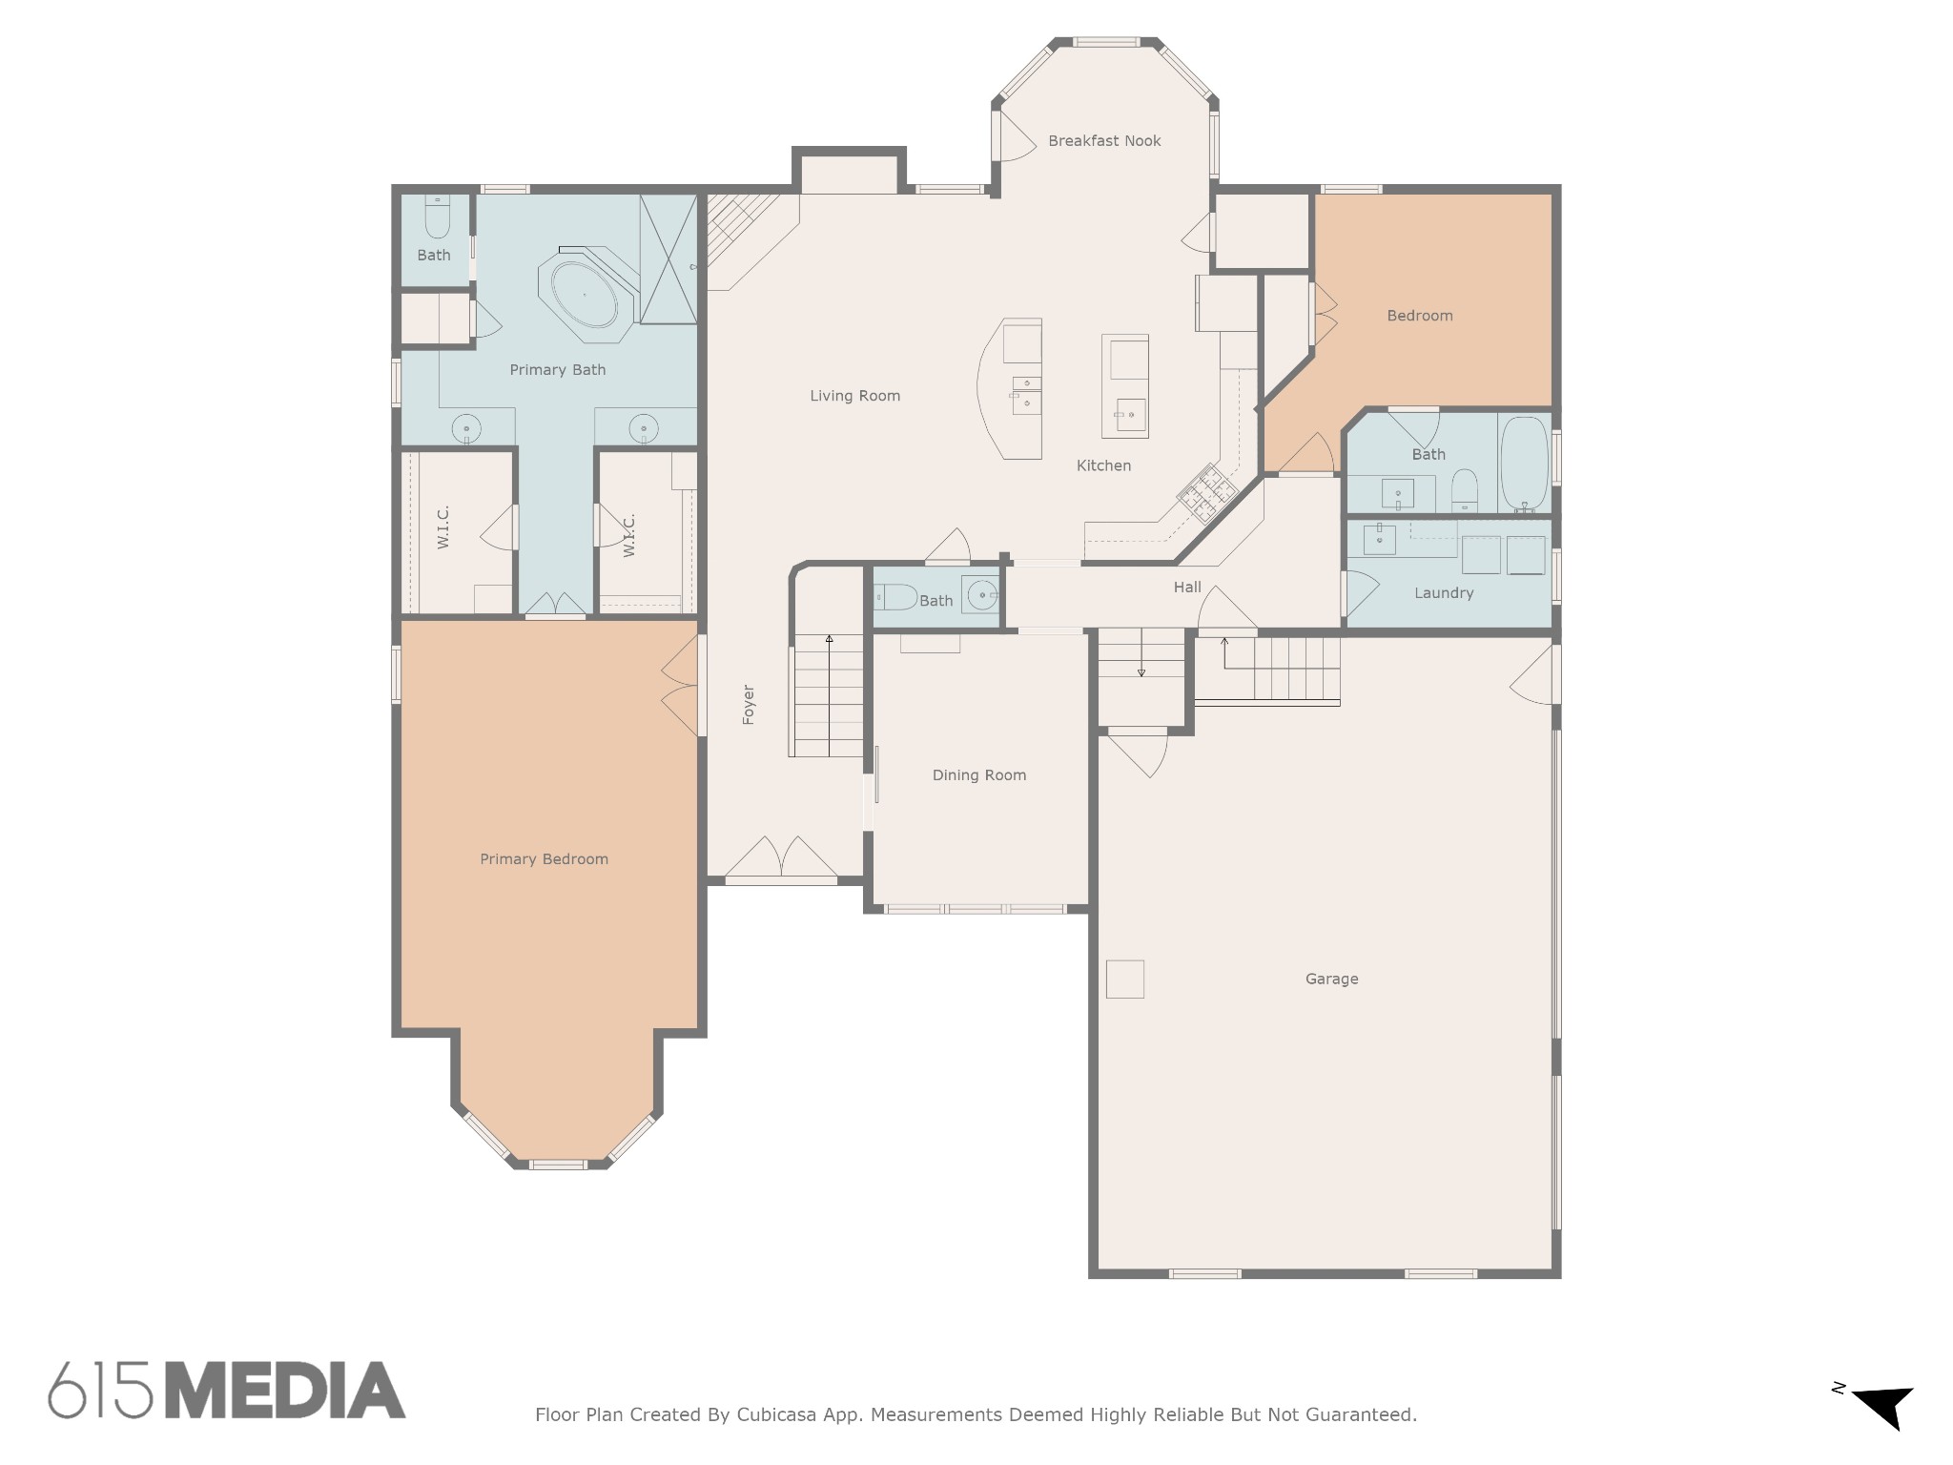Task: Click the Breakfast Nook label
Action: pos(1104,141)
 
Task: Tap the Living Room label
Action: pos(854,396)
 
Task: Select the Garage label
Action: pos(1331,979)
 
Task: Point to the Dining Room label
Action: pos(979,775)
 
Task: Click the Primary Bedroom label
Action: pos(544,859)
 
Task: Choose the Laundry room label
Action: pos(1444,593)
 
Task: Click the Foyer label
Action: pos(749,705)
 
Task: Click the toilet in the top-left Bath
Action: pos(437,217)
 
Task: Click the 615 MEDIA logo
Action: pos(227,1390)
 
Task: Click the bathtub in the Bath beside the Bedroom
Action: pos(1524,464)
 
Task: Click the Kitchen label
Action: pos(1103,465)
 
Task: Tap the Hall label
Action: pos(1187,588)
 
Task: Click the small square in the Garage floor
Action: pos(1125,980)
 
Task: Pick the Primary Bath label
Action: pos(558,370)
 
